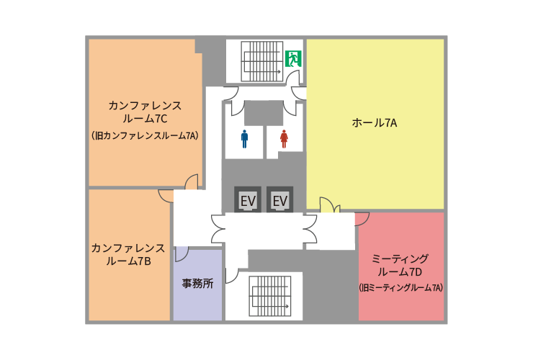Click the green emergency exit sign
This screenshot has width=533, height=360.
click(x=293, y=59)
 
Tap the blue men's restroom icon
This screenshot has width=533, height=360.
click(x=244, y=139)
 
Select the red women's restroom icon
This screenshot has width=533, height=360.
click(x=285, y=139)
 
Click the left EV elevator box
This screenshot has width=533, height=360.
click(x=248, y=199)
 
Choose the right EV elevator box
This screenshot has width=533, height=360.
click(x=279, y=199)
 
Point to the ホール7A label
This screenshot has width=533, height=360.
click(x=375, y=122)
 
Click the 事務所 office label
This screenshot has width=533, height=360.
click(x=197, y=283)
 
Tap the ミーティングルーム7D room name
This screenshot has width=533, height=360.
click(x=400, y=265)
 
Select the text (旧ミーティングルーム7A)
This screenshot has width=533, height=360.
click(x=400, y=288)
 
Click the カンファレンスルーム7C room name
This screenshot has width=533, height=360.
click(x=145, y=112)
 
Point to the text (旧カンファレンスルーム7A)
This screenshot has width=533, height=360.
click(x=145, y=135)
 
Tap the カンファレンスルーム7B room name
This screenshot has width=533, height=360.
click(x=128, y=254)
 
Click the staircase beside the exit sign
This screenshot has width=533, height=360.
click(x=262, y=61)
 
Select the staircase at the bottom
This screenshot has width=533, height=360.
click(x=270, y=296)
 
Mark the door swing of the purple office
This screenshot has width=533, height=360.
click(x=182, y=254)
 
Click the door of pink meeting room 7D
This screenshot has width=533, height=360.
click(x=362, y=219)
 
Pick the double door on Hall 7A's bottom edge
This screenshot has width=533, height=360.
click(x=330, y=205)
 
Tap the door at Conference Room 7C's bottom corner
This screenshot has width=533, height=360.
click(x=192, y=182)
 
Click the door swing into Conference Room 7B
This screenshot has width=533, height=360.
click(x=166, y=196)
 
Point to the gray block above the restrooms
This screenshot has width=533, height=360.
click(x=264, y=113)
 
